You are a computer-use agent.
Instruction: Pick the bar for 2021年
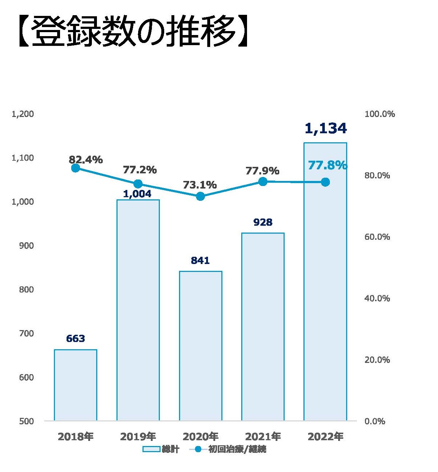click(x=263, y=326)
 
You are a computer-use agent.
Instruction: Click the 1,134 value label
click(x=326, y=129)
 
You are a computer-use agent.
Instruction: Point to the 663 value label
click(x=76, y=339)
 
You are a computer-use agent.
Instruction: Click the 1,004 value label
click(x=137, y=194)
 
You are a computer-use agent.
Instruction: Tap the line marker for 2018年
click(x=76, y=168)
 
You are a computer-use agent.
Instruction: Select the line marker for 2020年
click(x=200, y=196)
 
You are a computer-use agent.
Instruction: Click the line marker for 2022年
click(x=325, y=182)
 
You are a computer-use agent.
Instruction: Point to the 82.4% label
click(x=86, y=160)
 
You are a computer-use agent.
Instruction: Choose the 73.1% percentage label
click(x=200, y=185)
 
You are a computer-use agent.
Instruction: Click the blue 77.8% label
click(x=327, y=165)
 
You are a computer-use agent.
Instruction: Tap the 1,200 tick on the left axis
click(x=23, y=114)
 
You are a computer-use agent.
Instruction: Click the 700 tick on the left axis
click(x=26, y=333)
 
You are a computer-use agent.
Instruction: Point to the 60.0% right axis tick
click(x=377, y=237)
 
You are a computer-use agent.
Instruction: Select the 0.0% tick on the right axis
click(x=375, y=421)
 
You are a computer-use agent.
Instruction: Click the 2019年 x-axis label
click(x=138, y=437)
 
